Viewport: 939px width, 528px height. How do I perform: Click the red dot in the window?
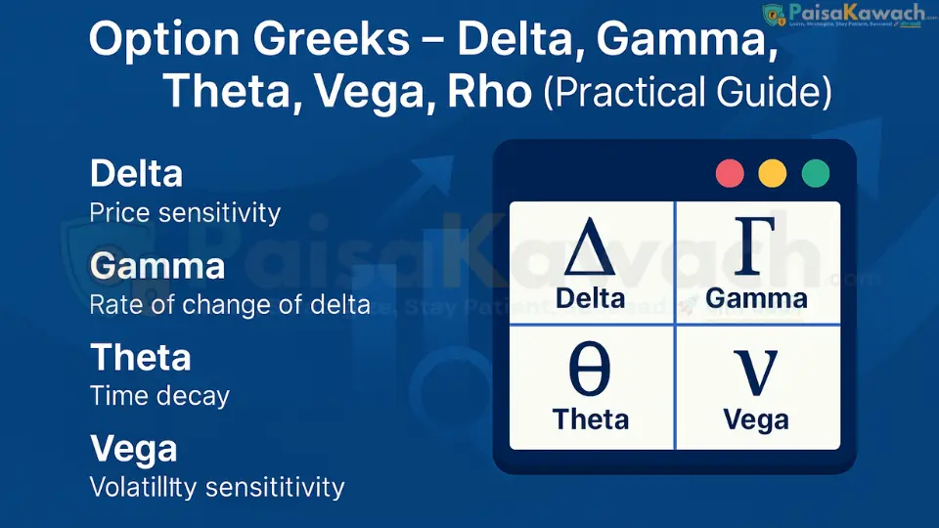pyautogui.click(x=731, y=174)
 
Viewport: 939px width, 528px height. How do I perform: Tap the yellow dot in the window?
pyautogui.click(x=773, y=174)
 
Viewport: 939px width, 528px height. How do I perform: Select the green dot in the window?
pyautogui.click(x=816, y=174)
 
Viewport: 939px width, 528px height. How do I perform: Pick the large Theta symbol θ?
pyautogui.click(x=590, y=370)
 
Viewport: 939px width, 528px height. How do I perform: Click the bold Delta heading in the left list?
pyautogui.click(x=136, y=174)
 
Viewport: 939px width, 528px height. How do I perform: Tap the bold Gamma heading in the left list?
pyautogui.click(x=156, y=266)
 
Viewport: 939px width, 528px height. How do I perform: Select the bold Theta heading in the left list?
pyautogui.click(x=139, y=357)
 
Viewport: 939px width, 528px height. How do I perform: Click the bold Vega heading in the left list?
pyautogui.click(x=134, y=449)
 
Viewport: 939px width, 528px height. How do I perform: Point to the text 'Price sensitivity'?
pyautogui.click(x=185, y=212)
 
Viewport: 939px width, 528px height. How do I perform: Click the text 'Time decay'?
pyautogui.click(x=159, y=395)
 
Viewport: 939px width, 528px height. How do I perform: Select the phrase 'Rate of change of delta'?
pyautogui.click(x=230, y=304)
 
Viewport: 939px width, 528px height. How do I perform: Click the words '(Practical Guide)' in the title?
pyautogui.click(x=687, y=91)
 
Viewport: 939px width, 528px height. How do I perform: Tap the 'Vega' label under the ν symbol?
pyautogui.click(x=756, y=419)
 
